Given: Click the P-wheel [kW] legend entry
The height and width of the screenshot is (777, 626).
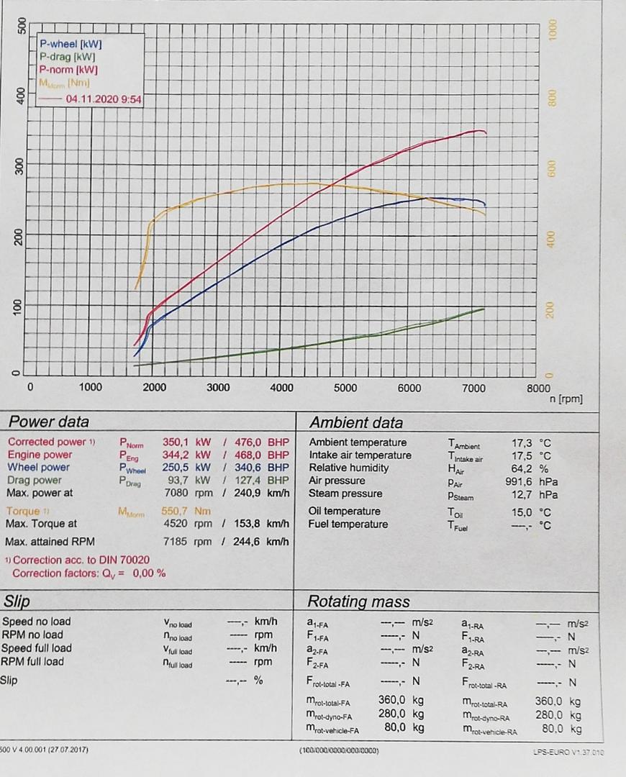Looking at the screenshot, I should click(x=71, y=44).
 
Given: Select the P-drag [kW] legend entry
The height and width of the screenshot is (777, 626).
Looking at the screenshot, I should click(x=68, y=57).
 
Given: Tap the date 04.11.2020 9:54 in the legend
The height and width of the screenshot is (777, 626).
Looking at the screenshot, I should click(x=104, y=100).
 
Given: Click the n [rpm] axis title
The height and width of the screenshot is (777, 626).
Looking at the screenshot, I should click(x=565, y=399).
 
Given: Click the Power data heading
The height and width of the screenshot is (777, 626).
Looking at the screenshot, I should click(x=48, y=422).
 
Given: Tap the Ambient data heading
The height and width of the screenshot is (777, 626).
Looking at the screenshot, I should click(x=356, y=422).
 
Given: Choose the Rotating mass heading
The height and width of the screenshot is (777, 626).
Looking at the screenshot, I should click(x=358, y=601).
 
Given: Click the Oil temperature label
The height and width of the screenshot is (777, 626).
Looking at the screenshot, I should click(x=345, y=512).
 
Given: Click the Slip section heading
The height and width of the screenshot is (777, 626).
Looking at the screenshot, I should click(x=17, y=601).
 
